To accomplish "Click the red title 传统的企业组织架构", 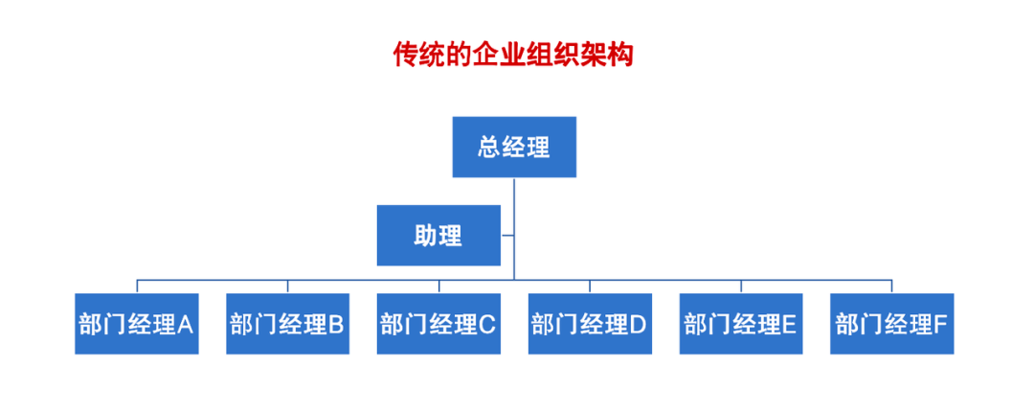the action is [513, 55].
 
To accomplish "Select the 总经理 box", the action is [514, 148].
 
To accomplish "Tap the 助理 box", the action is [438, 236].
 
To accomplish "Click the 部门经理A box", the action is [137, 324].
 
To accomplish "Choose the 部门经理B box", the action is [287, 324].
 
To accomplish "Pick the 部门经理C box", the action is [438, 324].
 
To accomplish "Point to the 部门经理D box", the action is [590, 324].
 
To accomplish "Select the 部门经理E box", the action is [741, 324].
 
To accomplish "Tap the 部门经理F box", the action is [892, 324].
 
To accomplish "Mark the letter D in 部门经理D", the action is [639, 325].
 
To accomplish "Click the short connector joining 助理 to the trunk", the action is [507, 235].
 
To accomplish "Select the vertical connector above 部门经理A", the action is [137, 287].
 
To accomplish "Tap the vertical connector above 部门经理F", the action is [892, 287].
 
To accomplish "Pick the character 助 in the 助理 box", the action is [426, 236].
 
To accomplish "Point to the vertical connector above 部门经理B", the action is [287, 287].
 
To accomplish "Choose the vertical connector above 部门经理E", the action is [741, 287].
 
